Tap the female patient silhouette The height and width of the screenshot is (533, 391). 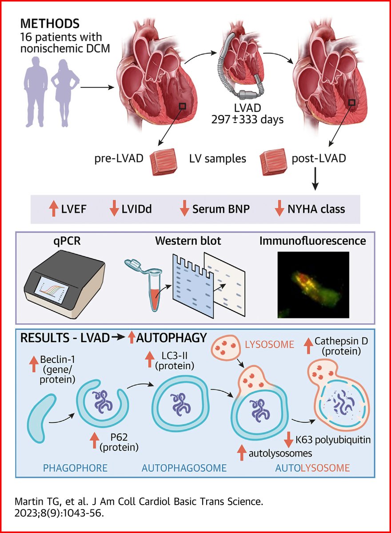pyautogui.click(x=64, y=95)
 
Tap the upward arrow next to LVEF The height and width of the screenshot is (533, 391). pyautogui.click(x=53, y=208)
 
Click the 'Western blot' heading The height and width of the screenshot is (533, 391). pyautogui.click(x=188, y=242)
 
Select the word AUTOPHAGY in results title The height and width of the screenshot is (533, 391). pyautogui.click(x=172, y=338)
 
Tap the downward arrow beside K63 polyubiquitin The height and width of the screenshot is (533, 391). pyautogui.click(x=288, y=441)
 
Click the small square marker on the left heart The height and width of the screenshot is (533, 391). pyautogui.click(x=182, y=106)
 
